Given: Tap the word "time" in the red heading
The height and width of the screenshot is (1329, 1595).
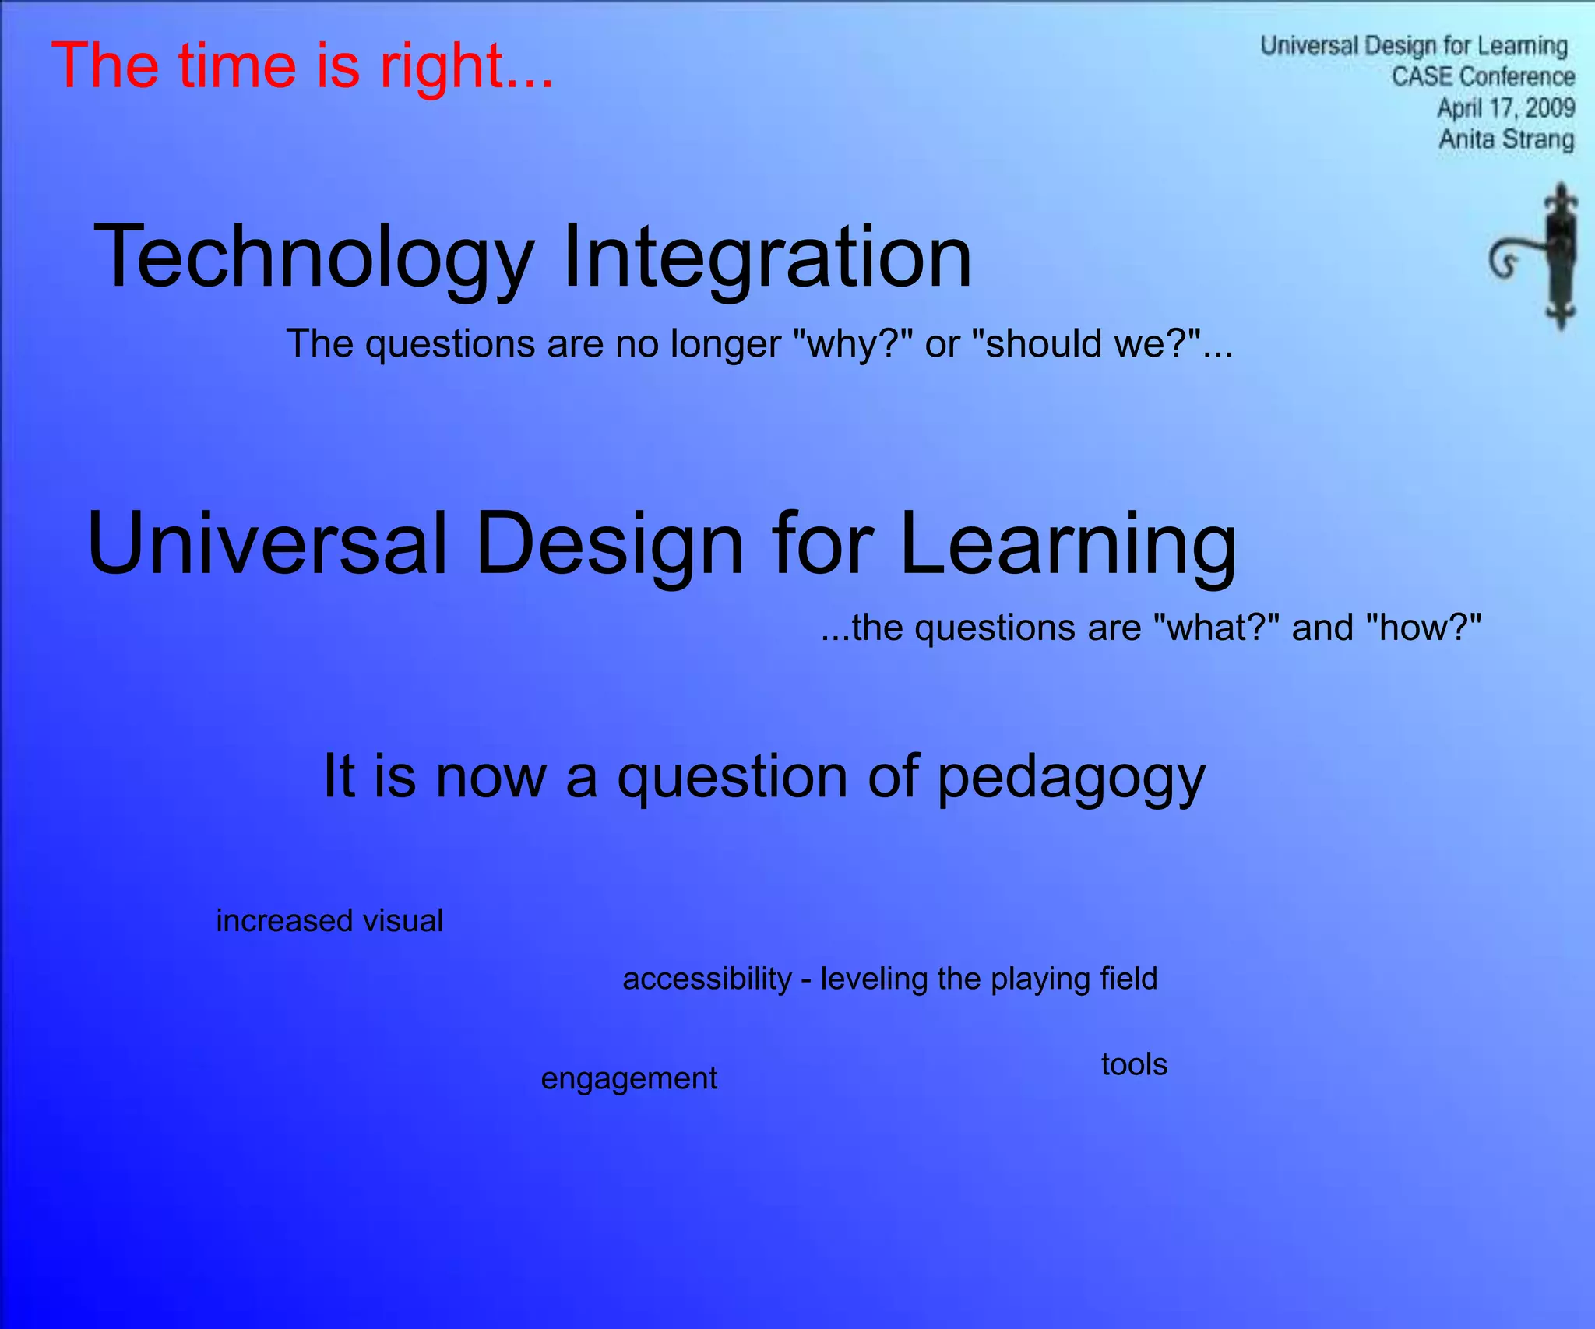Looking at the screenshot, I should point(237,65).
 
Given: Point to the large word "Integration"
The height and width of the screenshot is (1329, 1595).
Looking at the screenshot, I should point(766,256).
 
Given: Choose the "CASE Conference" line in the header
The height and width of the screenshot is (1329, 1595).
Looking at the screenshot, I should point(1483,76).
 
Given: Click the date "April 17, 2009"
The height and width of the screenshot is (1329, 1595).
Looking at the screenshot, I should point(1505,107).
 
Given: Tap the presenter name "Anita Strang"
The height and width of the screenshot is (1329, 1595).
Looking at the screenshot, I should point(1506,139).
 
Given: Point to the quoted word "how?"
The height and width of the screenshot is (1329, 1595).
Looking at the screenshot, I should point(1424,628).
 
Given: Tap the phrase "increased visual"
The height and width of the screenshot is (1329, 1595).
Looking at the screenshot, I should point(329,921).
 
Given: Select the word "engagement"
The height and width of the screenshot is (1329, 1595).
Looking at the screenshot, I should point(629,1079).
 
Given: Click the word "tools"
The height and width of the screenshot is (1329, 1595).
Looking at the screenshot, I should point(1134,1064).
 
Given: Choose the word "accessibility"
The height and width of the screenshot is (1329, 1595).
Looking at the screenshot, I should point(707,979).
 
